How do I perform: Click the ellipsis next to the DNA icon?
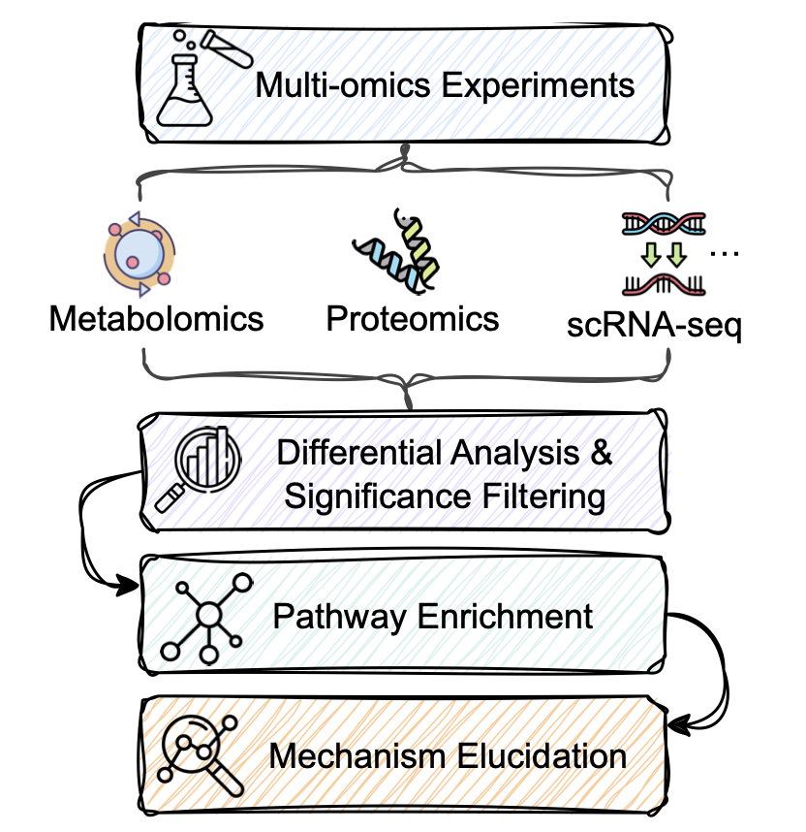(x=724, y=254)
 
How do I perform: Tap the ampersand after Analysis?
(x=597, y=452)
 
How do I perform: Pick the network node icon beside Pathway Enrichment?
(x=206, y=618)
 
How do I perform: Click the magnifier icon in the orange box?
(x=196, y=754)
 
